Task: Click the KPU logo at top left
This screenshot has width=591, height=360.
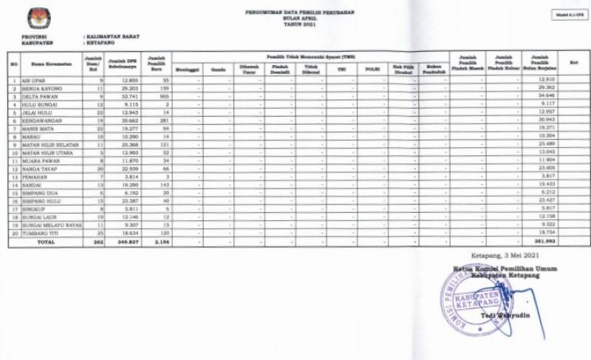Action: tap(39, 18)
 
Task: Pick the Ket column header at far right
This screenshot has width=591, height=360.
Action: tap(573, 64)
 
